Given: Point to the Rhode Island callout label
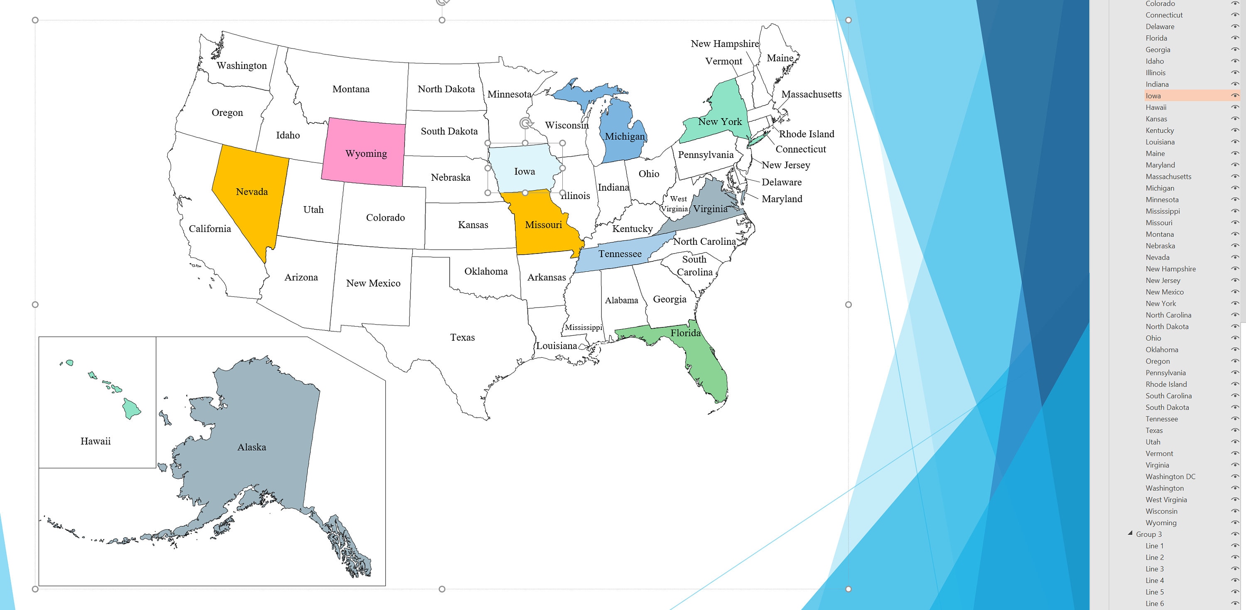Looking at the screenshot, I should click(x=806, y=134).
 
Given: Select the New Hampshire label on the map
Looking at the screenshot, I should click(x=725, y=44).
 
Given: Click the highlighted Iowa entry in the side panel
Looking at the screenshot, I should click(x=1153, y=96).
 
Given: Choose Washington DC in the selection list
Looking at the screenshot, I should click(x=1170, y=477).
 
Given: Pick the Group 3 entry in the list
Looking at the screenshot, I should click(x=1149, y=534).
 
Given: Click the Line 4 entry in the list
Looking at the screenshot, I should click(x=1155, y=580).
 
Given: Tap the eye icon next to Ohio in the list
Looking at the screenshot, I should click(x=1235, y=338).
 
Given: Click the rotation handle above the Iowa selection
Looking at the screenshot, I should click(x=525, y=123).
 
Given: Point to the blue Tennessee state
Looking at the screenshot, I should click(x=620, y=254).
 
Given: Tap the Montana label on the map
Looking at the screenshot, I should click(x=351, y=89).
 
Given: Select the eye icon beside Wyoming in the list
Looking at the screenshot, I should click(x=1235, y=523).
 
